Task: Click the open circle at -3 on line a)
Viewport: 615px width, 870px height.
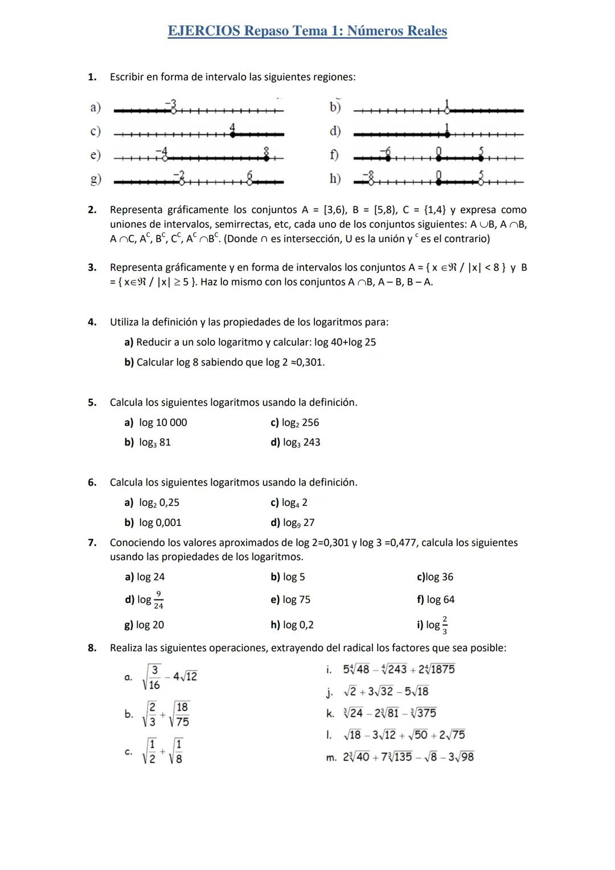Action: tap(173, 111)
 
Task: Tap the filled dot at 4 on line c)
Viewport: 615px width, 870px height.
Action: tap(232, 134)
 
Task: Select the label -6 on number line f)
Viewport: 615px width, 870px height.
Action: tap(387, 150)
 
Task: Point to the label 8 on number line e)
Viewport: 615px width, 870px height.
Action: tap(266, 150)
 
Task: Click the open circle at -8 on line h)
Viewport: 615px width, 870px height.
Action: tap(370, 182)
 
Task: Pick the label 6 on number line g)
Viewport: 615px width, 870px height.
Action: tap(250, 174)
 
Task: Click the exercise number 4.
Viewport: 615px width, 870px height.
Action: tap(92, 322)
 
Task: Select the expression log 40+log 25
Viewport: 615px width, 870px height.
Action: tap(345, 342)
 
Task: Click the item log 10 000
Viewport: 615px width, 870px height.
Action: tap(163, 423)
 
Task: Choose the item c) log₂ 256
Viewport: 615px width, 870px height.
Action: tap(294, 423)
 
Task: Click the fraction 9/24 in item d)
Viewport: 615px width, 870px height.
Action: tap(158, 600)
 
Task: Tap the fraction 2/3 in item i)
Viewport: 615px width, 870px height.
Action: tap(445, 625)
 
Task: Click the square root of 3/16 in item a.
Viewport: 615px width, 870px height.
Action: tap(152, 677)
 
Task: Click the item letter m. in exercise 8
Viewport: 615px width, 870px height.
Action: tap(331, 757)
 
